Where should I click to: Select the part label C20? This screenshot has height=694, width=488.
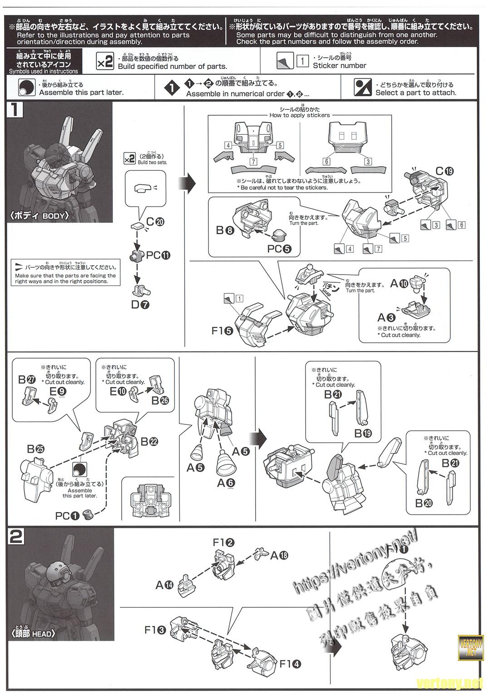pyautogui.click(x=155, y=221)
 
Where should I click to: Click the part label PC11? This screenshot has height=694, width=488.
pyautogui.click(x=158, y=255)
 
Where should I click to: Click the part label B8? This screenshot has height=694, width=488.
pyautogui.click(x=225, y=231)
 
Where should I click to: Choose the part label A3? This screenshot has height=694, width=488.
pyautogui.click(x=386, y=318)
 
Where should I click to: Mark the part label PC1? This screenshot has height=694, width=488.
pyautogui.click(x=67, y=516)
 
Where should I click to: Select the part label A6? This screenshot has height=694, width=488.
pyautogui.click(x=226, y=483)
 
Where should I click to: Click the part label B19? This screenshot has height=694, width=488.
pyautogui.click(x=363, y=433)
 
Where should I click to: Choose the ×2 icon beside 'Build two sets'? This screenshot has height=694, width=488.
pyautogui.click(x=129, y=158)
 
